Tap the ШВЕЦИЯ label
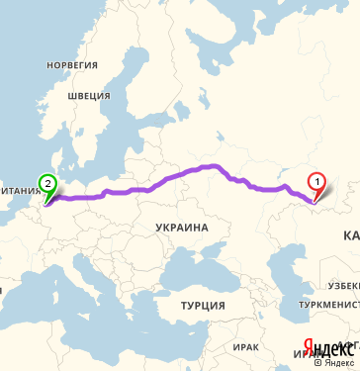[x=87, y=96]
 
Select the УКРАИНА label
[x=182, y=228]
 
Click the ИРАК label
[x=246, y=347]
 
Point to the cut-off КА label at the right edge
[x=351, y=236]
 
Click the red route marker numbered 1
[x=316, y=182]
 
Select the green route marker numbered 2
[x=46, y=182]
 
